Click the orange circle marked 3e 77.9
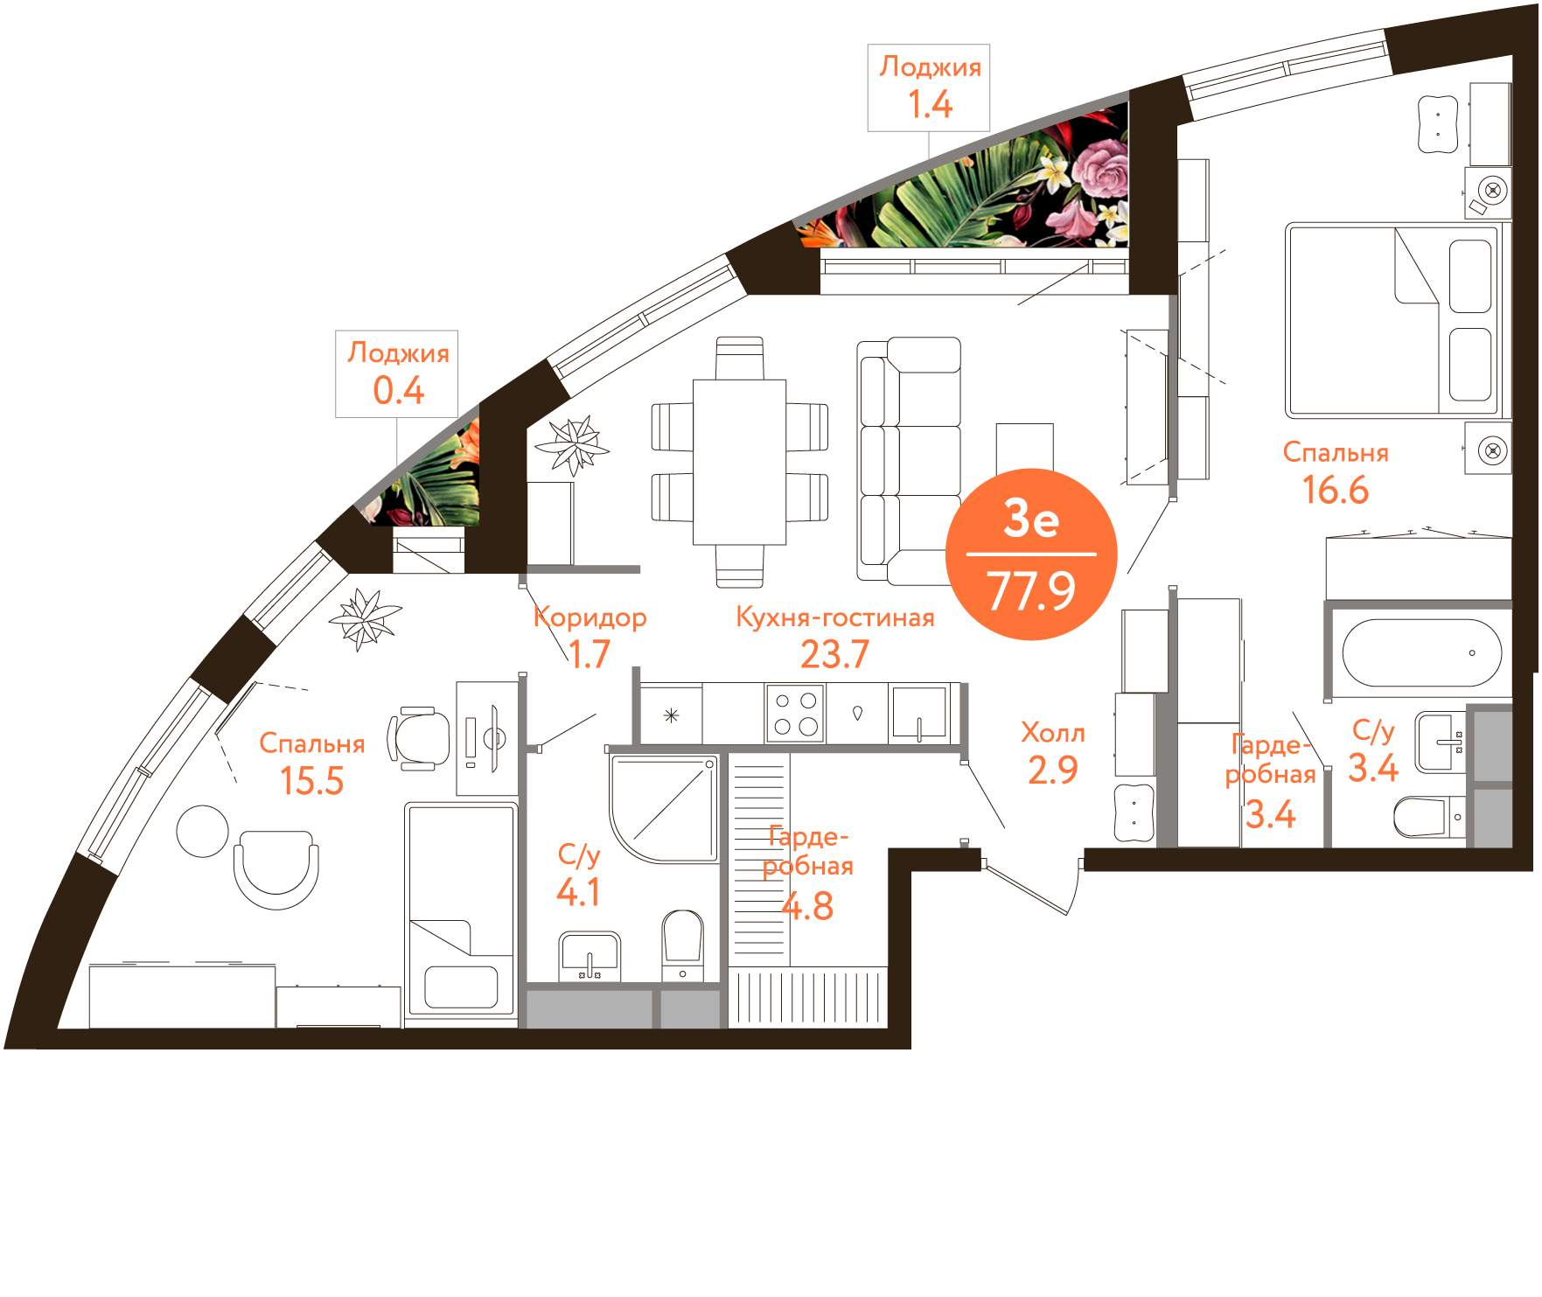1031,554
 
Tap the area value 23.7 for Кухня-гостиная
834,654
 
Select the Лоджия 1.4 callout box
929,87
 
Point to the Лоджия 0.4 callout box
398,373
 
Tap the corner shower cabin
664,809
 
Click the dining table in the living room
739,462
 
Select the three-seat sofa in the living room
910,461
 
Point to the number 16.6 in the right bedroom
1335,490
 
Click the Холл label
1053,733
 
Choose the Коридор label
590,617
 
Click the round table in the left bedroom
202,831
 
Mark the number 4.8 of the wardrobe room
806,906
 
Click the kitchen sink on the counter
918,714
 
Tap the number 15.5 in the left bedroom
311,780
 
